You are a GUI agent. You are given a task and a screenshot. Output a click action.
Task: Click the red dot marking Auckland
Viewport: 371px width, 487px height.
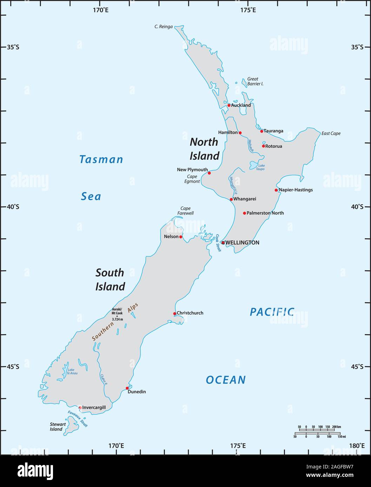click(x=229, y=105)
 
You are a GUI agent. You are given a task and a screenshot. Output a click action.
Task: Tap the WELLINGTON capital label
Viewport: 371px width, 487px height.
click(x=242, y=242)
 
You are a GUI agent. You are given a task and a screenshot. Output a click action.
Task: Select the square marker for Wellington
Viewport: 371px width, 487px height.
click(x=223, y=242)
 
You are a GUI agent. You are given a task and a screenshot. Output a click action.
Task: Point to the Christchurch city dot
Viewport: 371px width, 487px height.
click(x=174, y=314)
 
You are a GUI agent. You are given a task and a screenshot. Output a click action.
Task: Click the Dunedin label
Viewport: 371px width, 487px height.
click(x=137, y=392)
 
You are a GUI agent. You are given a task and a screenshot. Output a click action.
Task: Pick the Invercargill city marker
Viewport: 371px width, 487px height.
click(x=80, y=407)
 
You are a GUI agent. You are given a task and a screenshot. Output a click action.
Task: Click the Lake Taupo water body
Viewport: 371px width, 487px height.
click(x=253, y=165)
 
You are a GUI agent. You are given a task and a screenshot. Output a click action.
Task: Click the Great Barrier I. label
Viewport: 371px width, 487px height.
click(x=255, y=81)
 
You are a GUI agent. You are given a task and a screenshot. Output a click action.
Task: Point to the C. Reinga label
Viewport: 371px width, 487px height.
click(x=164, y=27)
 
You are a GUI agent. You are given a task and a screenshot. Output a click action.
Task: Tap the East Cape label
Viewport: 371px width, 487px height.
click(x=331, y=133)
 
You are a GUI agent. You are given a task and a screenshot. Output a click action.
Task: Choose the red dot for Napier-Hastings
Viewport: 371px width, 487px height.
click(x=276, y=190)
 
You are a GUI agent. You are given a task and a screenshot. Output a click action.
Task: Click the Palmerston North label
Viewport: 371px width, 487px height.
click(x=265, y=213)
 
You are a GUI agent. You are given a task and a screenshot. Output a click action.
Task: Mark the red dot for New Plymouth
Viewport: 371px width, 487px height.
click(x=209, y=173)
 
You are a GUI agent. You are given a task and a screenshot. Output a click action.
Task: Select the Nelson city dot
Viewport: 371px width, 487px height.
click(x=181, y=237)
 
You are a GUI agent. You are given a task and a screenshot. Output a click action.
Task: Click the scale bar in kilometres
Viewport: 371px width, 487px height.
click(x=319, y=428)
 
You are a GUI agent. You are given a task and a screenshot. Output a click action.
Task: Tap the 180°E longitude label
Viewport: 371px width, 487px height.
click(x=357, y=446)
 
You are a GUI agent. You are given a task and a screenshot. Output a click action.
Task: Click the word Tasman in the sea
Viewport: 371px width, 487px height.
click(x=101, y=159)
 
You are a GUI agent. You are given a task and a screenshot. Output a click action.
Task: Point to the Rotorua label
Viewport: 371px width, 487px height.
click(x=273, y=146)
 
